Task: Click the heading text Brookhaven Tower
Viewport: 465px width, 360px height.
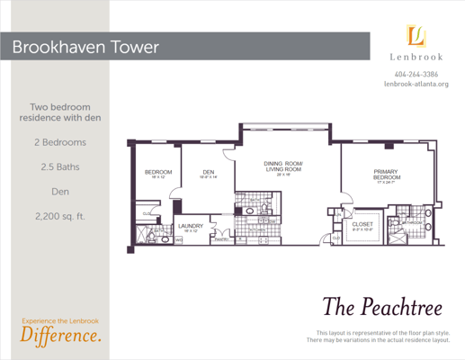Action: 86,45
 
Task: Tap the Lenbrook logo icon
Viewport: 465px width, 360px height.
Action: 416,36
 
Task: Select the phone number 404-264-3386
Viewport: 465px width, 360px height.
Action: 416,73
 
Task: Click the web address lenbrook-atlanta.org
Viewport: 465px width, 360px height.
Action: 416,84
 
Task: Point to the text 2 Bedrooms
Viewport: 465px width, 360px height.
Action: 56,142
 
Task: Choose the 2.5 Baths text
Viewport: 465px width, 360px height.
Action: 56,166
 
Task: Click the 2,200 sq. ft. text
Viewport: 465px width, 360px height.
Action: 56,216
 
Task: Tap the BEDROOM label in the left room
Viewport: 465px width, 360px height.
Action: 158,173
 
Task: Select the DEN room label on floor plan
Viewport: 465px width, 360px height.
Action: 208,173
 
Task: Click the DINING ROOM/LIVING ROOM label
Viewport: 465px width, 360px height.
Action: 283,166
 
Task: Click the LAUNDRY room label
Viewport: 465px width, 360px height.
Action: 191,226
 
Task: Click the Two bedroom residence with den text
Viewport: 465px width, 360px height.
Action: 56,112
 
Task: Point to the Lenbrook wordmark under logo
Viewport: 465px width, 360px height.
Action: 416,57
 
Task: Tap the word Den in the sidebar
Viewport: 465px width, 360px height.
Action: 56,191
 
